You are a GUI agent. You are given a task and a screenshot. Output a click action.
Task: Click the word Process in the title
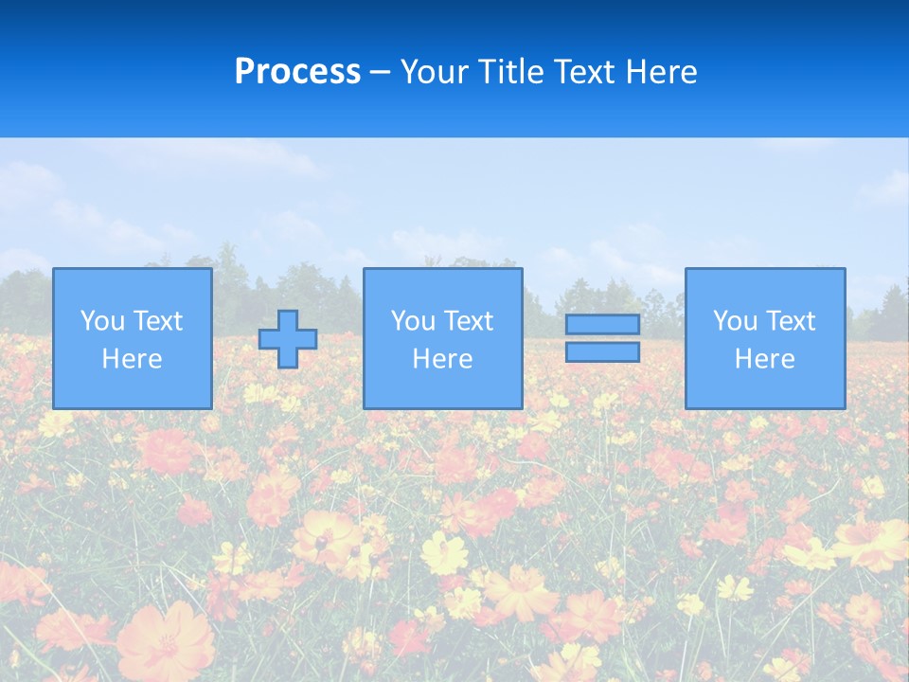(x=297, y=72)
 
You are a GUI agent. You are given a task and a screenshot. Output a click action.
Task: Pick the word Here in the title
(x=661, y=72)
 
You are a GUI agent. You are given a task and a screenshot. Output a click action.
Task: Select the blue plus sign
(x=288, y=339)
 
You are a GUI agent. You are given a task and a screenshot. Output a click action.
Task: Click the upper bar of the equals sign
(x=602, y=325)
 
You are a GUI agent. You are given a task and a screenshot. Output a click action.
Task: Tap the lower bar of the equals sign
(x=602, y=351)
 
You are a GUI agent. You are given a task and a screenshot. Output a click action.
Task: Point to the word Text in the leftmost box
(x=157, y=321)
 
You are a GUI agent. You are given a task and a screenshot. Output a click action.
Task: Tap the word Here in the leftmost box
(x=133, y=359)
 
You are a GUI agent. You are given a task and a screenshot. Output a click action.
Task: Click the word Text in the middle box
(x=468, y=321)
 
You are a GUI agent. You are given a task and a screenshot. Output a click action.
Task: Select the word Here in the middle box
(x=443, y=359)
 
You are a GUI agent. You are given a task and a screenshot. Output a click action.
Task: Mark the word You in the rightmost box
(x=735, y=321)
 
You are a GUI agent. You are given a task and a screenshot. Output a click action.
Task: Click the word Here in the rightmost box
(x=765, y=359)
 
